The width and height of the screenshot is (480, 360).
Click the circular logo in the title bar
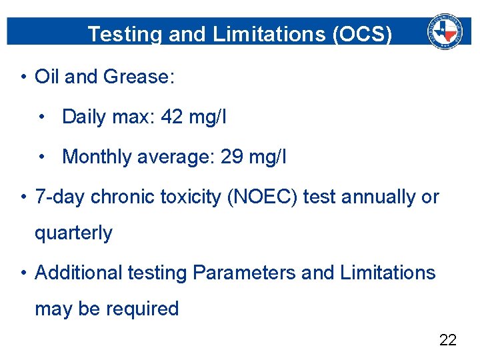click(445, 31)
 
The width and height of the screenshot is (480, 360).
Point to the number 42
click(172, 117)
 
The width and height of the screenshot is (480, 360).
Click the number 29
click(231, 157)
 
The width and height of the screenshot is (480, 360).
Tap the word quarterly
click(73, 233)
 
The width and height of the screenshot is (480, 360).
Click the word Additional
click(79, 273)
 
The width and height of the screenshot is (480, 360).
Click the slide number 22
click(448, 340)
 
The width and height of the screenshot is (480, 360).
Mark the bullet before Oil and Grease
click(23, 77)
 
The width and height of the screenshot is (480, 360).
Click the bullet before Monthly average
click(43, 157)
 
